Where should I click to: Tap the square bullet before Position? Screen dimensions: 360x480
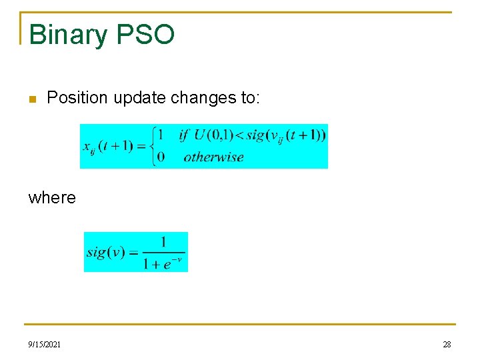32,99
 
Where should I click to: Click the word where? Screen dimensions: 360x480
52,198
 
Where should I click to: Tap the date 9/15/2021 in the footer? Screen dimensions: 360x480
45,344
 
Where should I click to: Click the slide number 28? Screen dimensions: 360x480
447,344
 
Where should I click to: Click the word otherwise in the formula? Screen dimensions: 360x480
213,157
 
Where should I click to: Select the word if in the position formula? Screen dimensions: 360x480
183,135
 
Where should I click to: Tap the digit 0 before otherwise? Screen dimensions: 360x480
160,157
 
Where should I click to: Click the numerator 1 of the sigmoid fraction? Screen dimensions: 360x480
163,242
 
